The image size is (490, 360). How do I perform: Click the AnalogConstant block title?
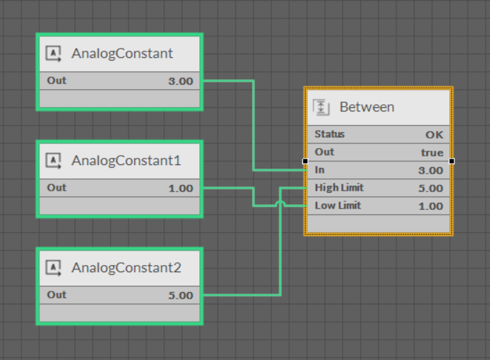coord(122,54)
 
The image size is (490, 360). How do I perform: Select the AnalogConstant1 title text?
coord(126,161)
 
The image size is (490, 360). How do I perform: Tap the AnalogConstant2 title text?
coord(126,268)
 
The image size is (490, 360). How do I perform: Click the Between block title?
coord(366,107)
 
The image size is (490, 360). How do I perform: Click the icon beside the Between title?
coord(322,107)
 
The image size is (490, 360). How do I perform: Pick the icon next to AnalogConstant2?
coord(54,268)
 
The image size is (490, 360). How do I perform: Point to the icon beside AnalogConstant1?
coord(54,161)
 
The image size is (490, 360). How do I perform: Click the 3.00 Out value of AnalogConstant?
coord(180,81)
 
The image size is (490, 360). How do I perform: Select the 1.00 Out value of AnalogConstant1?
coord(180,188)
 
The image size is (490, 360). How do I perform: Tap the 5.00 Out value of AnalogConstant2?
coord(180,295)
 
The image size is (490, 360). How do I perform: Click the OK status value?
coord(434,134)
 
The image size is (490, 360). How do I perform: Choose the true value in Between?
coord(431,152)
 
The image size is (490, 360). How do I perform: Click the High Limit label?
coord(339,188)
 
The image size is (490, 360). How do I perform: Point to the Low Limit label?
coord(338,206)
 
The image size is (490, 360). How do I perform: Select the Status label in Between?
coord(329,134)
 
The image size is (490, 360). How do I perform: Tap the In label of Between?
coord(319,170)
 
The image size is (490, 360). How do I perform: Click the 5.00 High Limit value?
coord(431,189)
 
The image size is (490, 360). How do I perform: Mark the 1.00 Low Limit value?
coord(431,206)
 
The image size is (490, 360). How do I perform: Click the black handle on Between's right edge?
coord(451,161)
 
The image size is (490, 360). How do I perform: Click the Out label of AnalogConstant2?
coord(56,295)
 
